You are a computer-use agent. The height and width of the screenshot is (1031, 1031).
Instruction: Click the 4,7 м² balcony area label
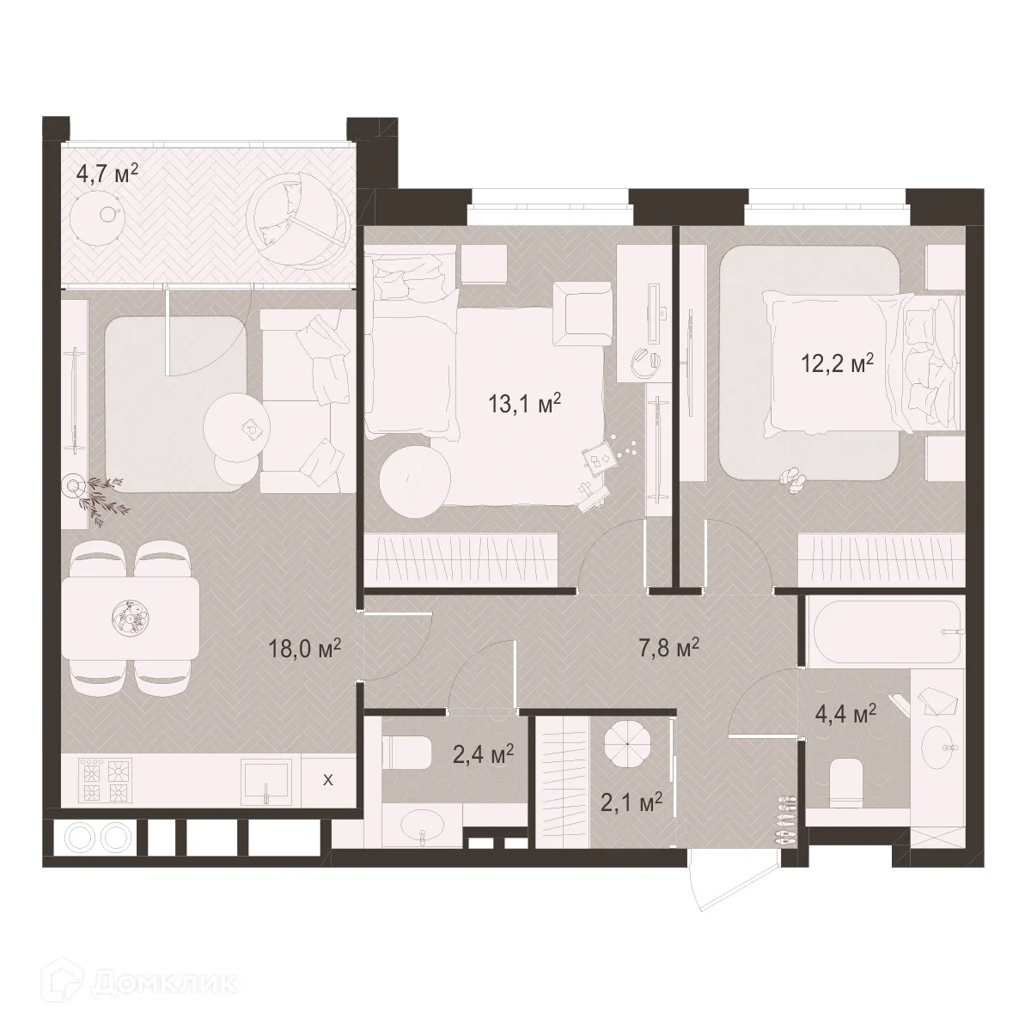coord(107,175)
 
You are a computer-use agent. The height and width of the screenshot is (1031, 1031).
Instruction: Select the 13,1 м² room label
coord(524,405)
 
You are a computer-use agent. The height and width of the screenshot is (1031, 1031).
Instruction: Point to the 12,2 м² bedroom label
coord(838,363)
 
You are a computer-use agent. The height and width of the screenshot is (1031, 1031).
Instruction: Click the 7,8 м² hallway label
coord(668,650)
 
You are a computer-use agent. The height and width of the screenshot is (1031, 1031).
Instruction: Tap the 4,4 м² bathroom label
coord(845,714)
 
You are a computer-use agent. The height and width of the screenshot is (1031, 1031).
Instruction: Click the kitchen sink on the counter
coord(265,782)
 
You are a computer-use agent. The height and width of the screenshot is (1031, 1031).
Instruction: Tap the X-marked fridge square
coord(328,780)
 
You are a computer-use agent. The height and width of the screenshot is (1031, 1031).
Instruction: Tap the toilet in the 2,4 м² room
coord(407,752)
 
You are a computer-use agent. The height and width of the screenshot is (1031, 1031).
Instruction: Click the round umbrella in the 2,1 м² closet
coord(627,744)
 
